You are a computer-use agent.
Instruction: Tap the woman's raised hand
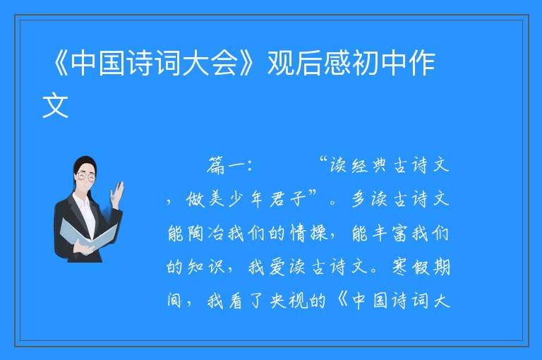[x=118, y=193]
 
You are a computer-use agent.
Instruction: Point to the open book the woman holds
[x=88, y=234]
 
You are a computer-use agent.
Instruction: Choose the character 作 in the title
[x=422, y=63]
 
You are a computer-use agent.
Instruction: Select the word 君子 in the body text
[x=288, y=199]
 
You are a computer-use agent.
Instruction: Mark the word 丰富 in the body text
[x=391, y=233]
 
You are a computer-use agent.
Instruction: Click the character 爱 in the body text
[x=277, y=267]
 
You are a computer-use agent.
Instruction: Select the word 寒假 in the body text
[x=411, y=267]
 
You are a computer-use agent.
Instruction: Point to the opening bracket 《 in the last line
[x=342, y=300]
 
